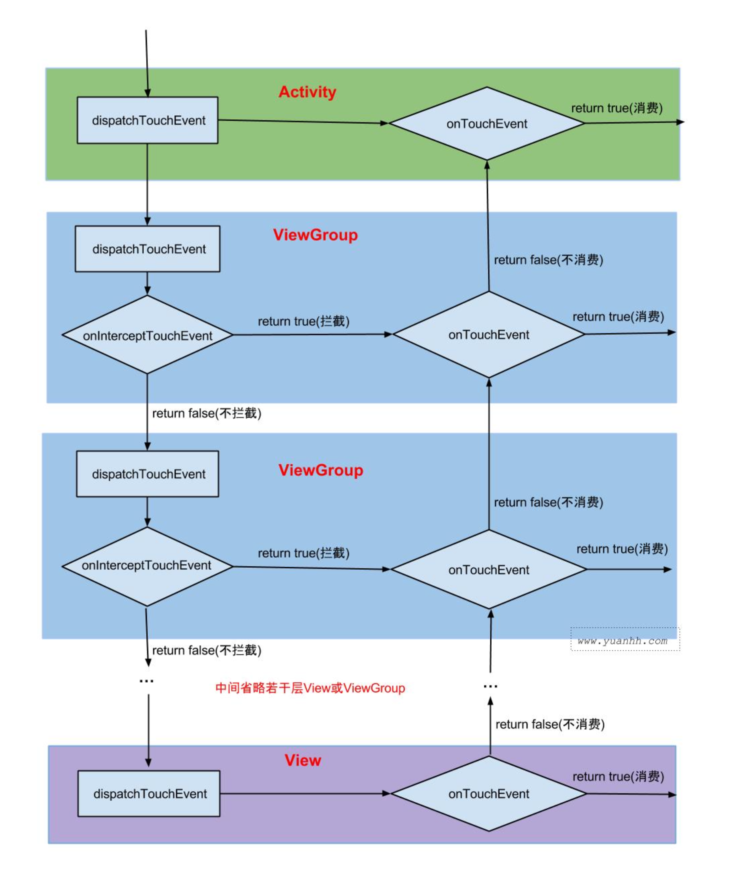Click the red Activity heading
(307, 92)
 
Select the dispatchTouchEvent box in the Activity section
(148, 120)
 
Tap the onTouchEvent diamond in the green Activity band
(487, 123)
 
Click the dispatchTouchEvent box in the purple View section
(149, 793)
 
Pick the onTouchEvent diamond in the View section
(488, 793)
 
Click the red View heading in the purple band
(303, 760)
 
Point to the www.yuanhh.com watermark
(623, 641)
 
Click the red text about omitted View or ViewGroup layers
(310, 688)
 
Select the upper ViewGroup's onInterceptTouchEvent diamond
(147, 335)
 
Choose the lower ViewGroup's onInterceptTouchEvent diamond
(147, 565)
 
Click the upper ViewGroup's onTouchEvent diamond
(488, 334)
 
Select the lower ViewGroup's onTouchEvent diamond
(488, 569)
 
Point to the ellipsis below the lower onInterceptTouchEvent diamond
(146, 681)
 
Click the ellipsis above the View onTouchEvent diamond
(490, 687)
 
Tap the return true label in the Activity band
(617, 108)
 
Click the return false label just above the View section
(550, 724)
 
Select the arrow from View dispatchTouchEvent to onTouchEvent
(305, 793)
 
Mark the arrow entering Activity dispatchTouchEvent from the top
(147, 62)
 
